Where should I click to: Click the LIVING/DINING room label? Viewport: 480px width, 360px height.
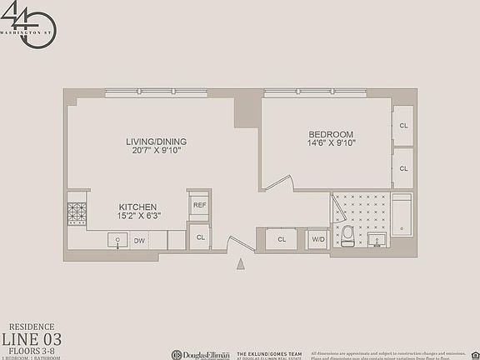point(151,141)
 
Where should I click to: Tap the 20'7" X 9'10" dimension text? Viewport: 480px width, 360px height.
point(151,151)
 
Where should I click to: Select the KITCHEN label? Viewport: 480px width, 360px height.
point(137,207)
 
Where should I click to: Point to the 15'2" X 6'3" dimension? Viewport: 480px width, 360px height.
point(137,217)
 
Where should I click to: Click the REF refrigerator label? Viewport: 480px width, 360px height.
point(200,205)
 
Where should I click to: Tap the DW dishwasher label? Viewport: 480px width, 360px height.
point(140,241)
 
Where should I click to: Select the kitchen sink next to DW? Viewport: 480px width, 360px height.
point(117,240)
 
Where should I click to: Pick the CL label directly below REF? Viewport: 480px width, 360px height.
point(201,237)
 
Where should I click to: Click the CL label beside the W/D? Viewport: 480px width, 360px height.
point(282,240)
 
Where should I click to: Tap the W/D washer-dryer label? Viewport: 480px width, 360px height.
point(317,240)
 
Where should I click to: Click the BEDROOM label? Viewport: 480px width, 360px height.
point(331,134)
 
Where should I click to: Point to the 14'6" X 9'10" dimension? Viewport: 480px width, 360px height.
point(331,144)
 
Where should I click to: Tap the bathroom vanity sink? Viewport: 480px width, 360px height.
point(379,241)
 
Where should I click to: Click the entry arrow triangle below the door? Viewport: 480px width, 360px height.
point(242,264)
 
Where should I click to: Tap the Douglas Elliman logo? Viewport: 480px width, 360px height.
point(200,353)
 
